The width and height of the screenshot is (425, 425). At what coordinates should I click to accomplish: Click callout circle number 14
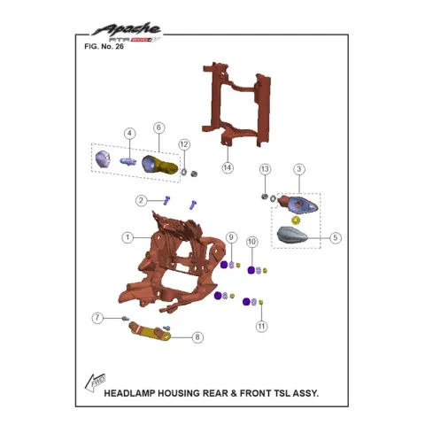(228, 167)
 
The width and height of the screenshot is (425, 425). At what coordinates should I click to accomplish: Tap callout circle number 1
(127, 237)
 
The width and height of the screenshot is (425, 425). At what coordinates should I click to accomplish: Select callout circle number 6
(158, 127)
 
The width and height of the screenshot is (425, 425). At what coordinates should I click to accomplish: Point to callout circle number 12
(184, 144)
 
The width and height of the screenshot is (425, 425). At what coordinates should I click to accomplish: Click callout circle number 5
(336, 237)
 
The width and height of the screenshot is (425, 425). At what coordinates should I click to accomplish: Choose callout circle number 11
(261, 326)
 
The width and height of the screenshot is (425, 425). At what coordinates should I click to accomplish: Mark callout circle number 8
(197, 337)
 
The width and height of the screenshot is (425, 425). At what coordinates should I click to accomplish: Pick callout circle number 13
(265, 169)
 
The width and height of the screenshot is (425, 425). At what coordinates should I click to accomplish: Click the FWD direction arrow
(95, 382)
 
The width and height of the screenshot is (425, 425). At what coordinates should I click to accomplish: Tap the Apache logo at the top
(127, 32)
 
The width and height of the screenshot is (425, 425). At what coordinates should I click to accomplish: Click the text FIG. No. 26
(104, 47)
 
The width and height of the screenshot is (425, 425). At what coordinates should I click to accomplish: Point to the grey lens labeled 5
(291, 236)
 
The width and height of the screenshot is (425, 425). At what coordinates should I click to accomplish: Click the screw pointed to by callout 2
(166, 201)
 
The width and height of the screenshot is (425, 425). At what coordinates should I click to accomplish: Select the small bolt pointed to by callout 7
(126, 319)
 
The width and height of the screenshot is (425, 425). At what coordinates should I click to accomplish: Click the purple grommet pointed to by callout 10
(251, 270)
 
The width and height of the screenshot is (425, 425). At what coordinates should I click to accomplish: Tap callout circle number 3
(299, 169)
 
